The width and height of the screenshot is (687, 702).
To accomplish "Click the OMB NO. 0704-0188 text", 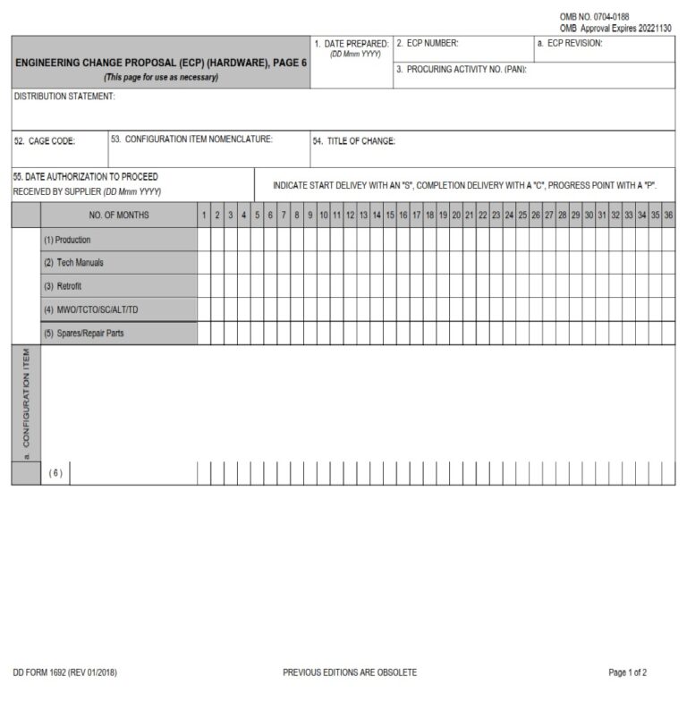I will tap(593, 16).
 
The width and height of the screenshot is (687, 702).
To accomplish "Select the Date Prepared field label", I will tap(351, 43).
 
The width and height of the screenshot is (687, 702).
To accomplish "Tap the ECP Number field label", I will tap(428, 43).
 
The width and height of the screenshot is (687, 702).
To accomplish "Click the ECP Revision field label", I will tap(570, 43).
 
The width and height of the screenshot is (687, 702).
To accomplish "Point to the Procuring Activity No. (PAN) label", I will tap(461, 70).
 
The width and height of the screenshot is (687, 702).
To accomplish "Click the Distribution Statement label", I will tap(64, 97).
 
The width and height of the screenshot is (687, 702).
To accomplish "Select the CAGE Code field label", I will tap(45, 141).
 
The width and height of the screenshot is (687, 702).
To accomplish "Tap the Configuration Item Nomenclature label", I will tap(191, 140).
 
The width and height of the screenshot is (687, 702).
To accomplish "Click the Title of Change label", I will tap(353, 141).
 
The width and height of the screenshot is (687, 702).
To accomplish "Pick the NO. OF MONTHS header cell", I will tap(119, 216).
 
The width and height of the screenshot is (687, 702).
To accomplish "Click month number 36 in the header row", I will tap(668, 216).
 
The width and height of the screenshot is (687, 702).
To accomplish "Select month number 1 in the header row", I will tap(204, 216).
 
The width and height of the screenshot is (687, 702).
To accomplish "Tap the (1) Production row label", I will tap(67, 241).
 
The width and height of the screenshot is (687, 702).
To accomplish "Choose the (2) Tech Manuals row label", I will tap(73, 263).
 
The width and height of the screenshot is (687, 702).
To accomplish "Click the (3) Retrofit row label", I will tap(63, 286).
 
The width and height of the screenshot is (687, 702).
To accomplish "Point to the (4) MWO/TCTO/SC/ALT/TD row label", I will tap(90, 309).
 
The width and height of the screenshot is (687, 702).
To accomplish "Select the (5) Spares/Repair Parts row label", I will tap(84, 334).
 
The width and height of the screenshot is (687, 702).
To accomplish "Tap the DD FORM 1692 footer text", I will tap(65, 672).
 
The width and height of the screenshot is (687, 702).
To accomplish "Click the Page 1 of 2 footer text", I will tap(627, 672).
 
